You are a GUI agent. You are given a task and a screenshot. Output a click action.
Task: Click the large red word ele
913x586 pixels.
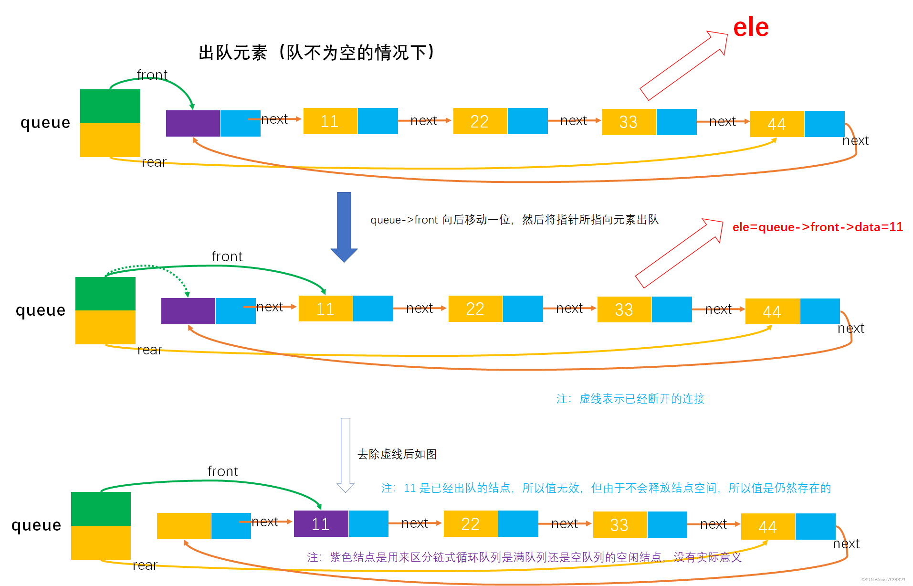pos(750,27)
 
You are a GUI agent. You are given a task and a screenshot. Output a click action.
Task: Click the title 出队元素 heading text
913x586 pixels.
pos(316,53)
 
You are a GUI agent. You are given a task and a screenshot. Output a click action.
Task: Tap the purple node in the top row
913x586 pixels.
pos(193,123)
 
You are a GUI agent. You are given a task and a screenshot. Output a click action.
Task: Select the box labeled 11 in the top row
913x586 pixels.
pos(330,121)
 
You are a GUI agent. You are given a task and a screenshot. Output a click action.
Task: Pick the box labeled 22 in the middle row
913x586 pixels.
pos(475,309)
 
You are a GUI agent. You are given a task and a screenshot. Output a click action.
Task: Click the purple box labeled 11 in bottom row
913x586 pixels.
pos(321,524)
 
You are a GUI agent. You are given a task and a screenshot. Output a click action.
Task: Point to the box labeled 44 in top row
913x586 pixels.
pos(777,124)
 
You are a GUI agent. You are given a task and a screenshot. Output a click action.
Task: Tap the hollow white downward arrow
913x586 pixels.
pos(346,454)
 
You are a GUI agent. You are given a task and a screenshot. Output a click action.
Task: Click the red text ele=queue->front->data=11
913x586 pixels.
pos(818,227)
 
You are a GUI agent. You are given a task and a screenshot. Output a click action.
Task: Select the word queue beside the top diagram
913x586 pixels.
pos(45,123)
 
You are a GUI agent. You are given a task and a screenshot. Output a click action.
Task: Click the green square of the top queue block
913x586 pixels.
pos(110,106)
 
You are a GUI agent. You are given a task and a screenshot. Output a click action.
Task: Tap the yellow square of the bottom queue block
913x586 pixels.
pos(101,543)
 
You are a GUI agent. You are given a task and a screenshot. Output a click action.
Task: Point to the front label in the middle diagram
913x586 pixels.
pos(227,256)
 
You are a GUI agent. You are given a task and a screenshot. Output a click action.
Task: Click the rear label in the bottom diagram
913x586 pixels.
pos(145,565)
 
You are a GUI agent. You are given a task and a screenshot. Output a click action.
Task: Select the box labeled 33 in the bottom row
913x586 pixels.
pos(619,525)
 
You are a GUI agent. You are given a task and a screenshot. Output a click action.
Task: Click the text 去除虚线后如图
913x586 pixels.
pos(397,454)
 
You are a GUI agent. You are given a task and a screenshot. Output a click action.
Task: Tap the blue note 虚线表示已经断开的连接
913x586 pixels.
pos(630,399)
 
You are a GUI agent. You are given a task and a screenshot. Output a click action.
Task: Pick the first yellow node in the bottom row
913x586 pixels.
pos(184,526)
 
